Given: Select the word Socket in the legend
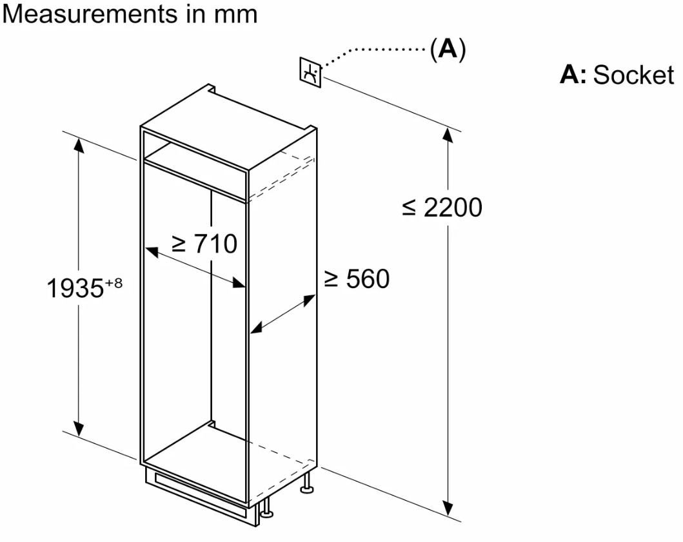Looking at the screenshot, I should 633,75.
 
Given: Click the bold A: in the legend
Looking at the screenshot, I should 573,75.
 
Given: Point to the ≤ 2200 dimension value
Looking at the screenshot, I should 442,208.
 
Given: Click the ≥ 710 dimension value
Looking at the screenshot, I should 204,244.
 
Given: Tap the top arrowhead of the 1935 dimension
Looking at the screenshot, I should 79,146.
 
